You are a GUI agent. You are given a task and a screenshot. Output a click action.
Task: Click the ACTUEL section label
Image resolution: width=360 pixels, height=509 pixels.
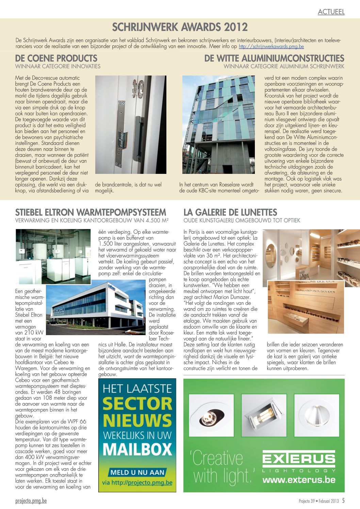click(x=331, y=12)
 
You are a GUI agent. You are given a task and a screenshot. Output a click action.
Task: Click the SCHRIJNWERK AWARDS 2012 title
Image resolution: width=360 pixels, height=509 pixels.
click(x=180, y=27)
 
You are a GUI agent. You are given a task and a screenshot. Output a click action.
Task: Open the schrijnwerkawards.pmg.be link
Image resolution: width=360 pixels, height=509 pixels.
click(x=271, y=47)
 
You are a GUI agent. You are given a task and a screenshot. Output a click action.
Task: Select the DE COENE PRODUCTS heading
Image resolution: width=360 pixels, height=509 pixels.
click(x=56, y=58)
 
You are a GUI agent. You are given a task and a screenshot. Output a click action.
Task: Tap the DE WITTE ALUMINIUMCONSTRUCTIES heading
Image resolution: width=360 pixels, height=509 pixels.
click(x=274, y=58)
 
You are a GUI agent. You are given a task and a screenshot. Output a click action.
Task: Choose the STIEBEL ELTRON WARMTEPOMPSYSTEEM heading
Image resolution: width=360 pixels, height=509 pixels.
click(x=91, y=212)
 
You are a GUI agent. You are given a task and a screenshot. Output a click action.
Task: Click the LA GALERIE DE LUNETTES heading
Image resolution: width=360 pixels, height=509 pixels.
click(x=230, y=212)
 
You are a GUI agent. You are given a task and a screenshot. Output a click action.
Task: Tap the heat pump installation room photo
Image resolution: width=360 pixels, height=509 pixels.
click(x=53, y=257)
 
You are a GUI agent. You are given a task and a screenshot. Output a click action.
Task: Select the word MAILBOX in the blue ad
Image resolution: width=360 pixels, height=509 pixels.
click(x=137, y=450)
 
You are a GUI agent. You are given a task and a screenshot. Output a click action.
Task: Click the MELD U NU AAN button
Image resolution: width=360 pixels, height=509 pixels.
click(x=137, y=472)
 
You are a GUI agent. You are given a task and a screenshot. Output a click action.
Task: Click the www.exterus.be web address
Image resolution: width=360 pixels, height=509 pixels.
click(x=299, y=480)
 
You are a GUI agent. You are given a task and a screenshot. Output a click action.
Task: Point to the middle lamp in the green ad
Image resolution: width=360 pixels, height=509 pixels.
click(x=264, y=415)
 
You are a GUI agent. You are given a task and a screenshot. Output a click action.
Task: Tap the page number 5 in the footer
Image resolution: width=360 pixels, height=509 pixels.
click(x=343, y=500)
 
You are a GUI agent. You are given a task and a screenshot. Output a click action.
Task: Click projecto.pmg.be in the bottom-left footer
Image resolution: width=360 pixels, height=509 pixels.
click(x=31, y=501)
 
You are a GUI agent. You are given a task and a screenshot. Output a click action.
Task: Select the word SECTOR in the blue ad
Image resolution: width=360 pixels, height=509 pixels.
click(x=137, y=404)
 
